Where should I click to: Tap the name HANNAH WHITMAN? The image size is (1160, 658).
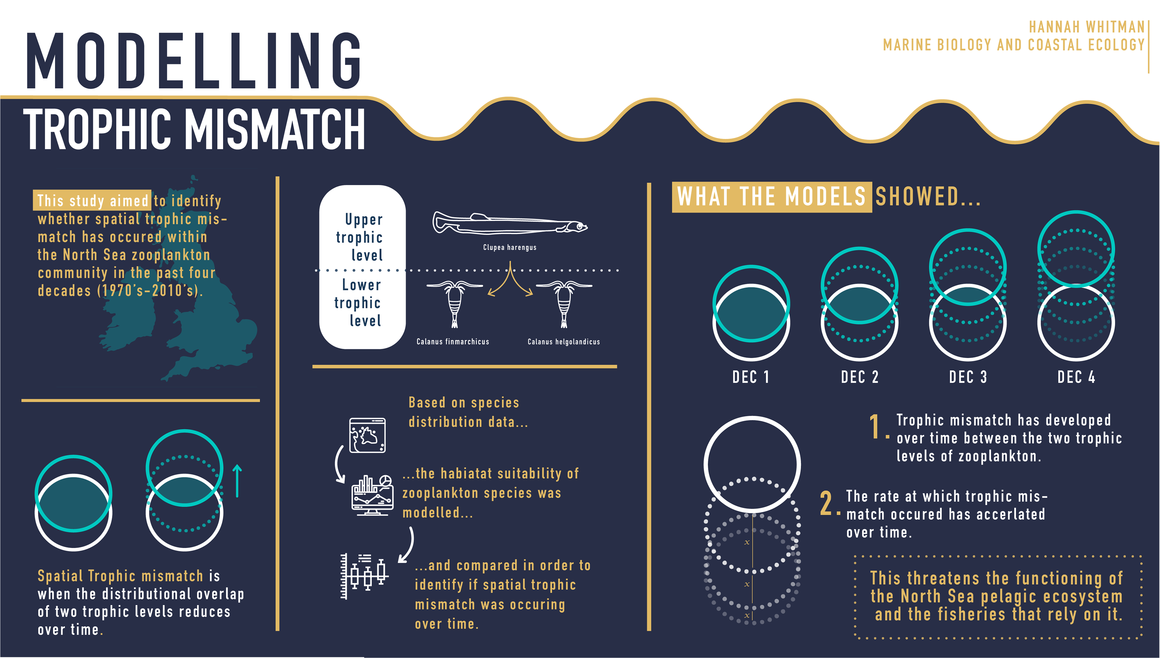[1086, 27]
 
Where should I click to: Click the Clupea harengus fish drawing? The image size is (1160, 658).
[510, 223]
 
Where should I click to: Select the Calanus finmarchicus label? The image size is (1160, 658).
[453, 342]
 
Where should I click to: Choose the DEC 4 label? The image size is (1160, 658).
[1076, 377]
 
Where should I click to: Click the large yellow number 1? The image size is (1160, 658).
[875, 427]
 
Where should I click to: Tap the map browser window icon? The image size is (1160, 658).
[367, 435]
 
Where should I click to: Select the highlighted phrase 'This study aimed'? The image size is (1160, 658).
[93, 200]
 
